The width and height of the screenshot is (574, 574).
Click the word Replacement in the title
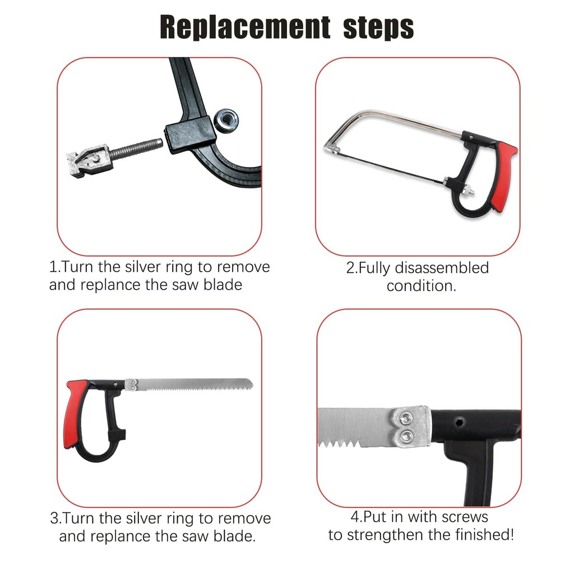[245, 27]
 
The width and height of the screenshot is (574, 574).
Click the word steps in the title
[378, 27]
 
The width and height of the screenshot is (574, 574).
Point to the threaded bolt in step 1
[136, 147]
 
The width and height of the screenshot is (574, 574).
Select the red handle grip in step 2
[504, 176]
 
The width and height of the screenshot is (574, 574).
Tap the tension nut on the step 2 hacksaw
[467, 190]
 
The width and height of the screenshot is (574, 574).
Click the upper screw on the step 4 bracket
[406, 417]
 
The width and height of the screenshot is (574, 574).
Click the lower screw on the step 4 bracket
[406, 436]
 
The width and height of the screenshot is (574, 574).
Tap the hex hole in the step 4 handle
[461, 423]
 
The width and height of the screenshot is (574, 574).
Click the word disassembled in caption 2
[442, 267]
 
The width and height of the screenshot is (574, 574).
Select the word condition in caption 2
[418, 286]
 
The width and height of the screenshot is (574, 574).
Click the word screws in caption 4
[465, 517]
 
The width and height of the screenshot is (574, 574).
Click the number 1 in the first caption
[53, 267]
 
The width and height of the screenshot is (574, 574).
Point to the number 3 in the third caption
[54, 519]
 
